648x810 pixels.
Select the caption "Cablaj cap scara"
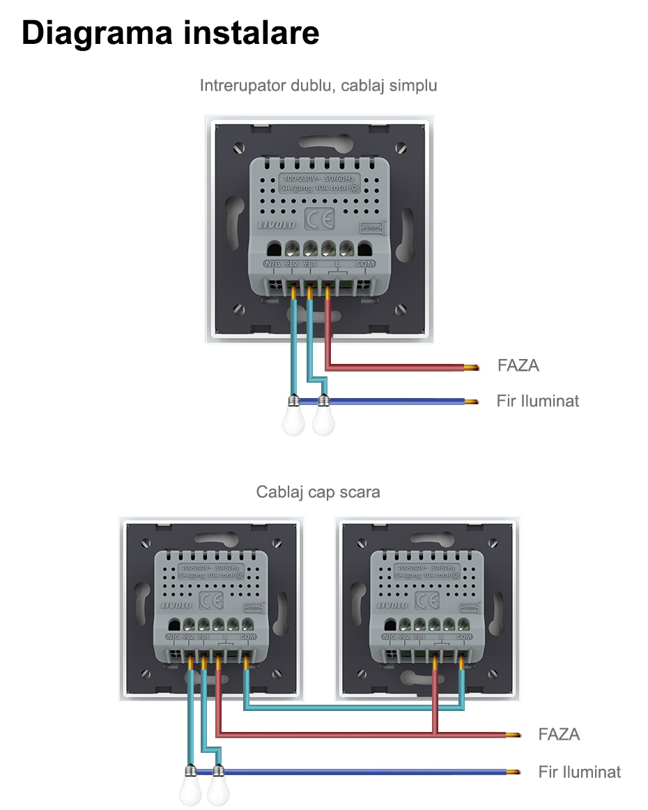click(x=318, y=492)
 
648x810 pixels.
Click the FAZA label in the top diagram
click(x=518, y=365)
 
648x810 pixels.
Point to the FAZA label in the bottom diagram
click(x=559, y=734)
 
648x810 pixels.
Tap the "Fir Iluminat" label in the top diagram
click(x=537, y=401)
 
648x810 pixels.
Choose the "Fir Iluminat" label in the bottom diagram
click(x=579, y=772)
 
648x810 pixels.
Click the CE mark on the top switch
click(x=319, y=220)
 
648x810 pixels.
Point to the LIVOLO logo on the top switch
click(x=277, y=224)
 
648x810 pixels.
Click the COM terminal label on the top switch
click(x=365, y=264)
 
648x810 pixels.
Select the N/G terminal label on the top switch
click(x=272, y=264)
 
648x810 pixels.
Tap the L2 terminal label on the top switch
click(x=292, y=264)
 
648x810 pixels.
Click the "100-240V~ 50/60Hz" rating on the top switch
click(x=318, y=179)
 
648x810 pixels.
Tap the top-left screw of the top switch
click(x=240, y=148)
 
